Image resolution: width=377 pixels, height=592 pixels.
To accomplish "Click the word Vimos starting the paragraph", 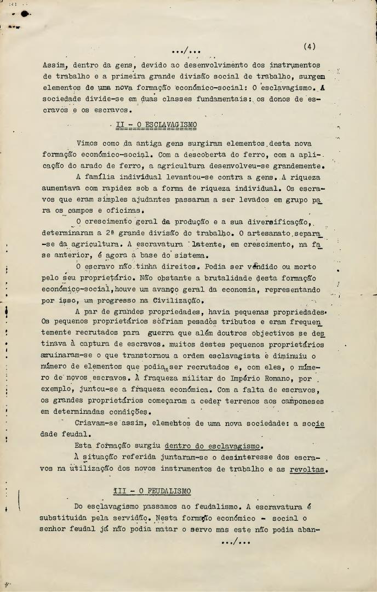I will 88,143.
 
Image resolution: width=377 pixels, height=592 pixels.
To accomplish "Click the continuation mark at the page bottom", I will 235,542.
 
